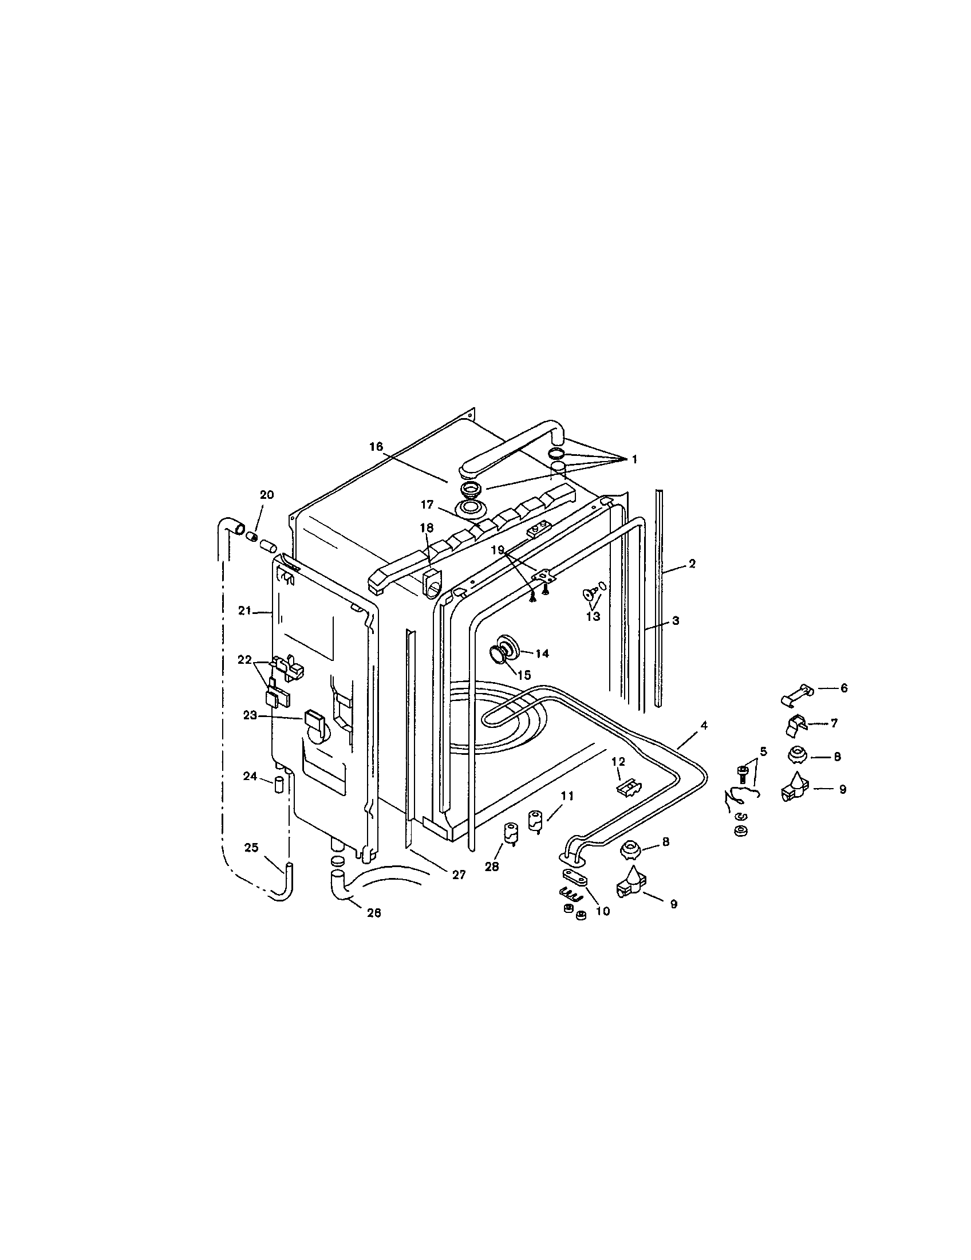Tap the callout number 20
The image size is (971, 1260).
tap(267, 494)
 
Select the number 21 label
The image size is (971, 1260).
tap(245, 611)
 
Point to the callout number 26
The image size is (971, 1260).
tap(374, 913)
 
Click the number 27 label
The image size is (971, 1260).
tap(459, 875)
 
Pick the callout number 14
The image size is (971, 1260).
tap(542, 653)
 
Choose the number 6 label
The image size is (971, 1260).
tap(843, 688)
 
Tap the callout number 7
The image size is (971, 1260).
tap(834, 723)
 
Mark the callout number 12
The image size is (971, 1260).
tap(618, 762)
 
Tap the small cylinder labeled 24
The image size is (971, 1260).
tap(278, 785)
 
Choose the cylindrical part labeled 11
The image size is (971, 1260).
tap(535, 820)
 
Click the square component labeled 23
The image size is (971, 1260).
tap(313, 718)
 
